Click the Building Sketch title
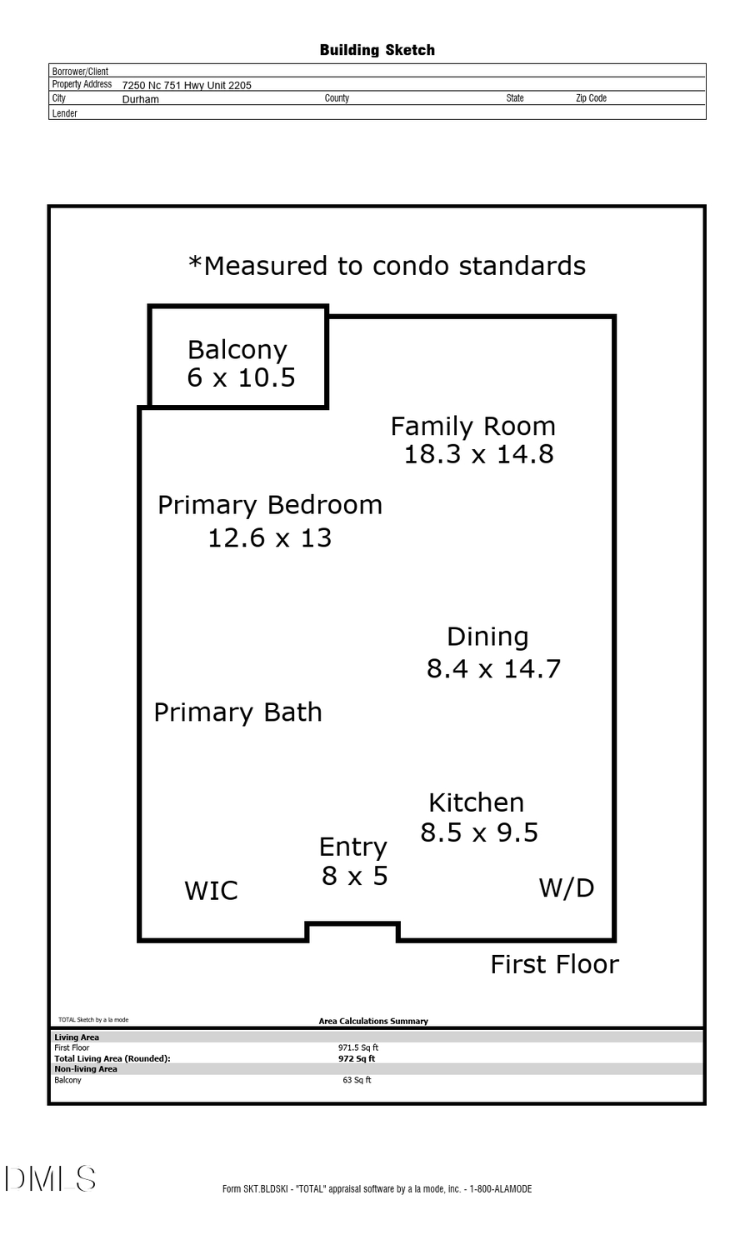(377, 50)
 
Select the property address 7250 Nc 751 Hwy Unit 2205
(187, 85)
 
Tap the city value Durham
(140, 99)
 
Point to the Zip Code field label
(591, 98)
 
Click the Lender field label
(64, 113)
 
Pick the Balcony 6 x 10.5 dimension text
(241, 377)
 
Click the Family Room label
(472, 426)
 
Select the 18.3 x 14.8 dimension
(478, 454)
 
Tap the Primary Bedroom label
(270, 506)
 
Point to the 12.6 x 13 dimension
(270, 537)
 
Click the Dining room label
(487, 637)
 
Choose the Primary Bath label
(237, 712)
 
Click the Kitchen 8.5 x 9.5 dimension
(479, 832)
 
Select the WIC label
(211, 891)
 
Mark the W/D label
(567, 888)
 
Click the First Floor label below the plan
(555, 965)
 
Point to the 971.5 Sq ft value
(357, 1047)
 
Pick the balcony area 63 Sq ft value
(357, 1080)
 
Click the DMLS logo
(50, 1179)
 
